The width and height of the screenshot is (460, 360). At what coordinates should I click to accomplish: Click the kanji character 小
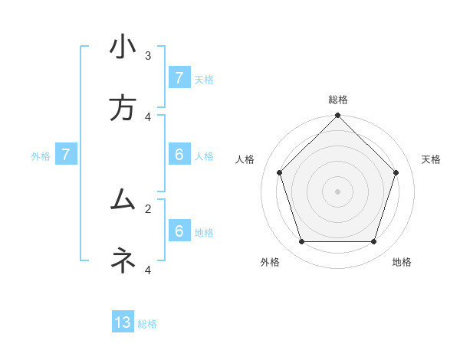pyautogui.click(x=123, y=47)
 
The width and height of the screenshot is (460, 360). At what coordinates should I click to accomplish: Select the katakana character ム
pyautogui.click(x=123, y=201)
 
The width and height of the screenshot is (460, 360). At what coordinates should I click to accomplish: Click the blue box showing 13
pyautogui.click(x=123, y=322)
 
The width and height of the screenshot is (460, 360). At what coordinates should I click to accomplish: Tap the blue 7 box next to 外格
pyautogui.click(x=66, y=155)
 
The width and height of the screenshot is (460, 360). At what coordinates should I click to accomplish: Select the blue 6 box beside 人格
pyautogui.click(x=179, y=155)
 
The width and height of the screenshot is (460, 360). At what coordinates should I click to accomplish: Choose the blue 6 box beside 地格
pyautogui.click(x=179, y=231)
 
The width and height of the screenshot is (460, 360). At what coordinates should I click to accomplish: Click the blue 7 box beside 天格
pyautogui.click(x=179, y=78)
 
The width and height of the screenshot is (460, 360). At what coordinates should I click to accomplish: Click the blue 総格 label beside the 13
pyautogui.click(x=147, y=324)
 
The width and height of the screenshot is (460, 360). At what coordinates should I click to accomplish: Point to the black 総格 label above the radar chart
pyautogui.click(x=337, y=100)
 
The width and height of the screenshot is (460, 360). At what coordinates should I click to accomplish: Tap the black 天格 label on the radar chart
pyautogui.click(x=431, y=159)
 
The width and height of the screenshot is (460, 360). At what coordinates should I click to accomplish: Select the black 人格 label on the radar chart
pyautogui.click(x=245, y=159)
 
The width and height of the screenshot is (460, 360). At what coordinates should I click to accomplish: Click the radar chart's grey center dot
pyautogui.click(x=337, y=191)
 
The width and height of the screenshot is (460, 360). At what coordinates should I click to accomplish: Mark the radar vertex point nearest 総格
pyautogui.click(x=337, y=116)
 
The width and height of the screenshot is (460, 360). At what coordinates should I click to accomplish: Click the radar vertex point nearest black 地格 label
pyautogui.click(x=373, y=242)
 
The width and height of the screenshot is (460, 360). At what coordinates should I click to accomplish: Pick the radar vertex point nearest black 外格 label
pyautogui.click(x=301, y=242)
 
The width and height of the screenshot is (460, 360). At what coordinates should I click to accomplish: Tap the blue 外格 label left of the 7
pyautogui.click(x=41, y=156)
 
